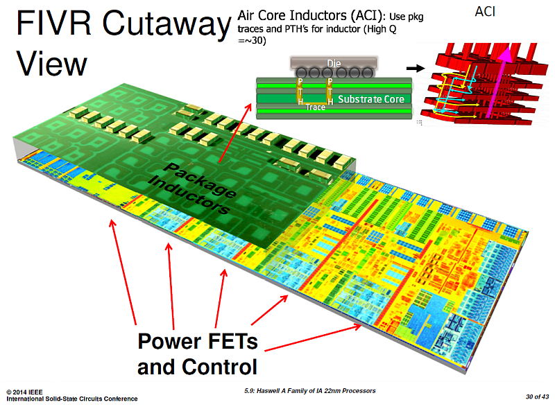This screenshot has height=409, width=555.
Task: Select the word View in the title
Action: pyautogui.click(x=51, y=64)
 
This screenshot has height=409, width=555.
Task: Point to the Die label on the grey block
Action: pyautogui.click(x=313, y=63)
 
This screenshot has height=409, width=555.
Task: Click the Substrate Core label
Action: pyautogui.click(x=370, y=99)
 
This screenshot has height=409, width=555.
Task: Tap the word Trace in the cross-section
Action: pyautogui.click(x=316, y=107)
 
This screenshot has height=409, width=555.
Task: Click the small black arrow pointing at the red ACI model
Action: pyautogui.click(x=415, y=68)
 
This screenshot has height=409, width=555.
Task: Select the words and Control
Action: pyautogui.click(x=197, y=367)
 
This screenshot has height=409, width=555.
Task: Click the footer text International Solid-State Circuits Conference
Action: pyautogui.click(x=72, y=399)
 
